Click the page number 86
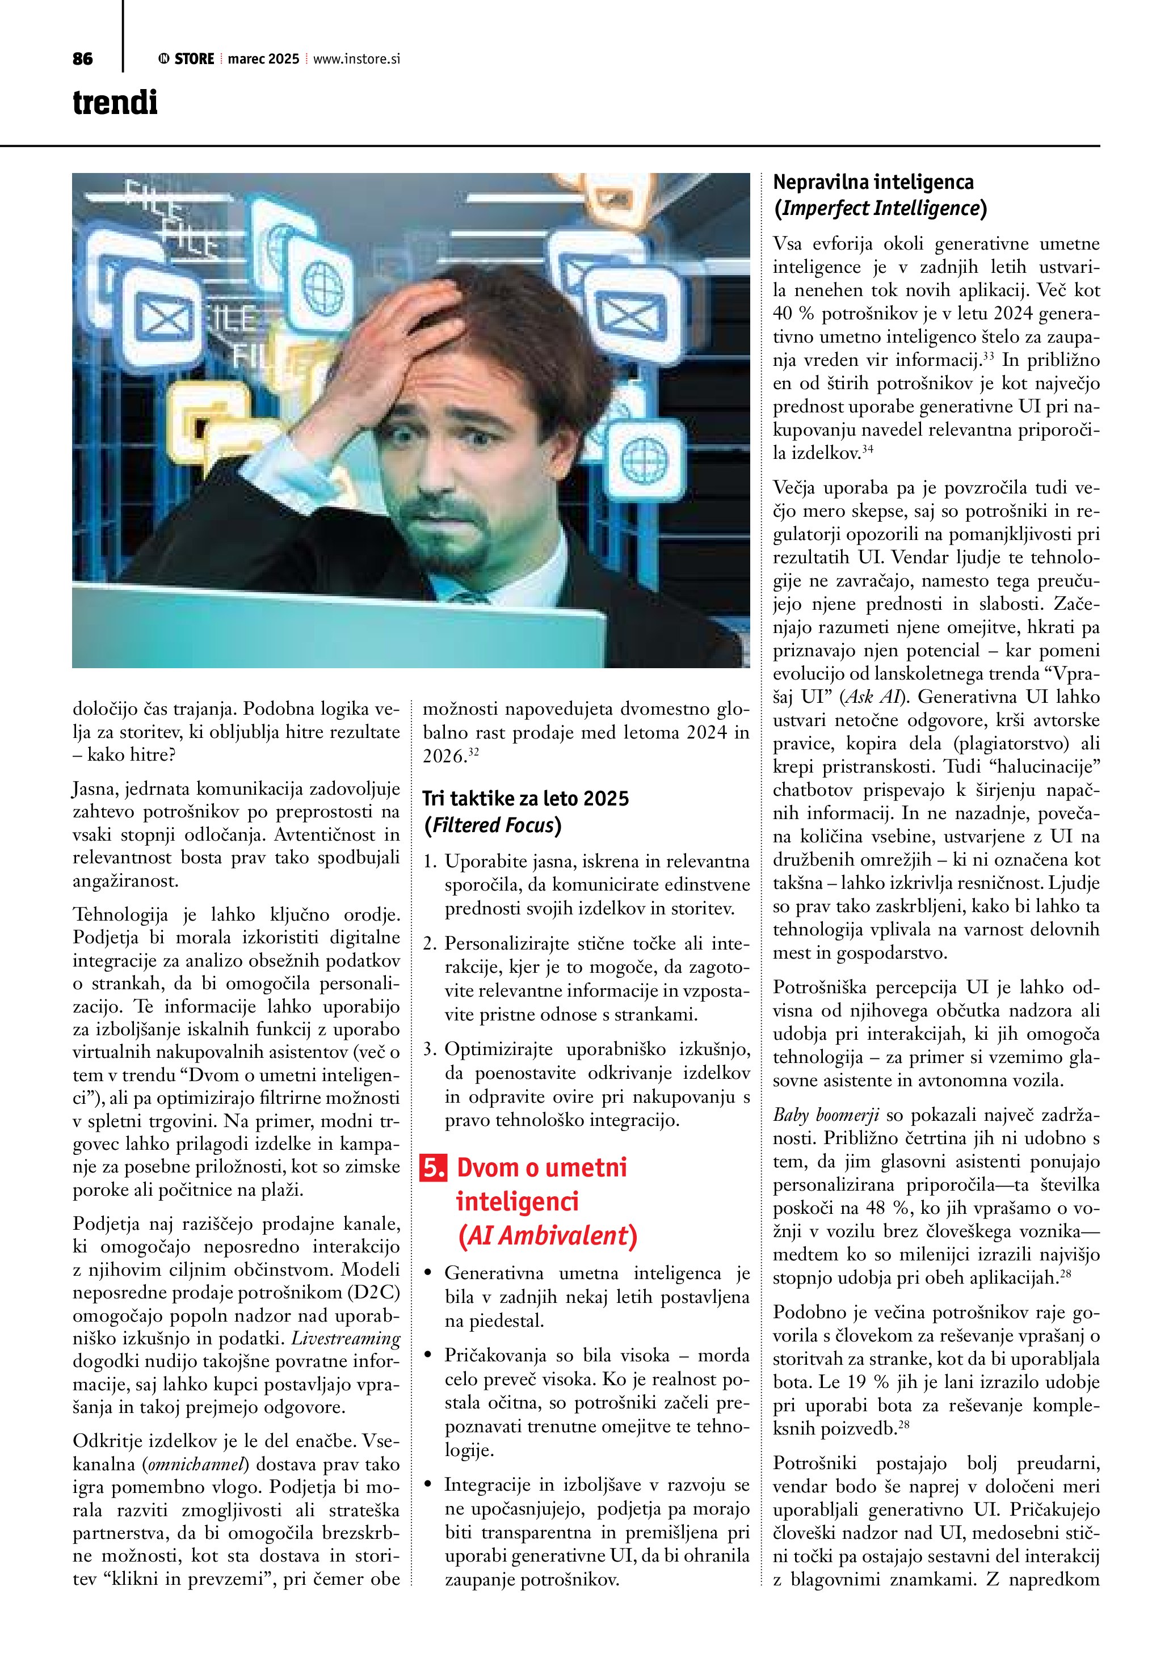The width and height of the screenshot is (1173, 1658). click(82, 59)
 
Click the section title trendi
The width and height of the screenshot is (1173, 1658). click(115, 103)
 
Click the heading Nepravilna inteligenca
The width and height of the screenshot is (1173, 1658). click(873, 182)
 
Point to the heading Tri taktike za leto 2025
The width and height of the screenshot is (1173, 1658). click(525, 798)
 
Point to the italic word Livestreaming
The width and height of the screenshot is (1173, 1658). click(345, 1338)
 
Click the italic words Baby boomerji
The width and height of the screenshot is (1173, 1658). click(826, 1115)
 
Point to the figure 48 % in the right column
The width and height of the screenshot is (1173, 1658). click(835, 1208)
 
